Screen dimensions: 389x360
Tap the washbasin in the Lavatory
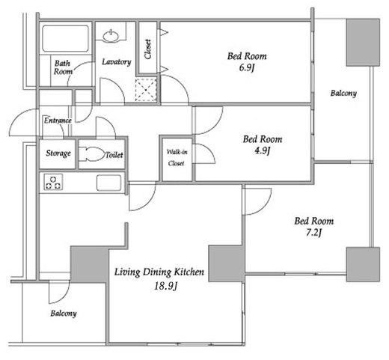(x=111, y=36)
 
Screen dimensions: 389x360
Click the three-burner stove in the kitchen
(x=53, y=182)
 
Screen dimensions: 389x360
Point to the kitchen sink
(x=109, y=183)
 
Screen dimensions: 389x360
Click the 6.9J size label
(x=247, y=67)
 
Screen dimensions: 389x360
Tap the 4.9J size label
(x=263, y=150)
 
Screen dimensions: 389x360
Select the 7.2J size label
(x=313, y=233)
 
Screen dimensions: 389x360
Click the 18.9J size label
(x=165, y=286)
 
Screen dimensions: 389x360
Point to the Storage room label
(x=58, y=153)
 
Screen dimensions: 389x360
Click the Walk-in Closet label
(x=177, y=157)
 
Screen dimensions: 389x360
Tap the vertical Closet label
(x=148, y=49)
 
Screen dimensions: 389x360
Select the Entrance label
(x=58, y=120)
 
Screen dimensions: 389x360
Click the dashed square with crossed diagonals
(x=146, y=90)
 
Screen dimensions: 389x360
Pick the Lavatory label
(x=117, y=61)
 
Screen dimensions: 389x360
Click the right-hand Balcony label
(x=343, y=94)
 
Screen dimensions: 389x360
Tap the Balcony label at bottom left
(x=64, y=314)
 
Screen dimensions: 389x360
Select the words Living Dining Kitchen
(x=159, y=272)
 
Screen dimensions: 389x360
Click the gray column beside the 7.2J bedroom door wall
(x=227, y=263)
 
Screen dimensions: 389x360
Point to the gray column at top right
(x=363, y=43)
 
